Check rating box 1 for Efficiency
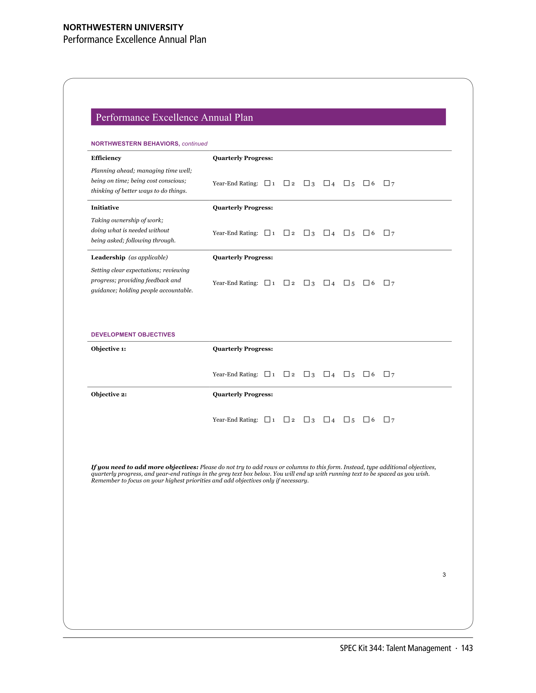[x=267, y=183]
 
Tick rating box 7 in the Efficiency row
[x=386, y=183]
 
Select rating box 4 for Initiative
[x=326, y=233]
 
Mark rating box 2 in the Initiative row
[x=286, y=233]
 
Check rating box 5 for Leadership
[x=346, y=283]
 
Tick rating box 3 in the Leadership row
[x=306, y=283]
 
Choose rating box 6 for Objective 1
[x=366, y=374]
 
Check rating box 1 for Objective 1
[x=267, y=374]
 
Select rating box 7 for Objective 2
[x=386, y=420]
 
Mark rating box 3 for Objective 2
[x=306, y=420]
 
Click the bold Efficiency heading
[x=106, y=158]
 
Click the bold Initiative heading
[x=105, y=207]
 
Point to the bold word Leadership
[x=108, y=257]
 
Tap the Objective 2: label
[x=109, y=394]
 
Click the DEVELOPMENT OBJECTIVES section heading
[x=133, y=334]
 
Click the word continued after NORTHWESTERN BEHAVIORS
[x=194, y=144]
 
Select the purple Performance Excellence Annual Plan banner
[x=268, y=117]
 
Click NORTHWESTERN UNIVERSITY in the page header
[x=123, y=27]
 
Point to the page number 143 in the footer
[x=467, y=648]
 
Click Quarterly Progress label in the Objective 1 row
[x=243, y=349]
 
